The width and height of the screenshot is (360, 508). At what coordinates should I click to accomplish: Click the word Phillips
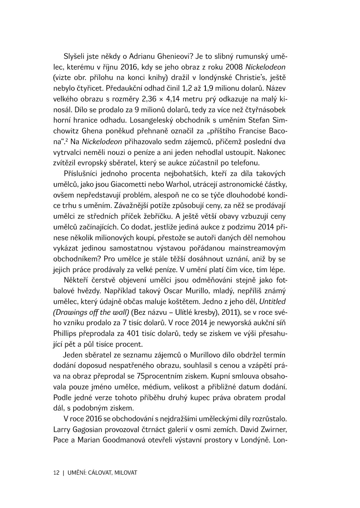tap(65, 333)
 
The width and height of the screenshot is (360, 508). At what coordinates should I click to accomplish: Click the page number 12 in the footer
tap(56, 473)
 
